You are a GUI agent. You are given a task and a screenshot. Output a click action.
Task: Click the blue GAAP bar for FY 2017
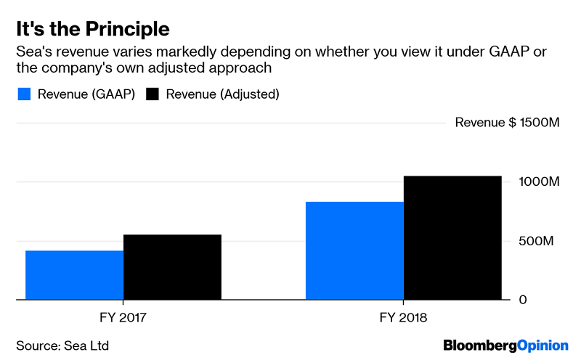tap(74, 275)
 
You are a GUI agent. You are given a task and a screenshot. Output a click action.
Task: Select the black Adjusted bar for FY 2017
tap(172, 267)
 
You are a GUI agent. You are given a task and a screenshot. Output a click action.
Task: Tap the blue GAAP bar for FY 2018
tap(354, 250)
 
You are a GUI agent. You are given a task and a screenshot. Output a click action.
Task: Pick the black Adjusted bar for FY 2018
tap(452, 237)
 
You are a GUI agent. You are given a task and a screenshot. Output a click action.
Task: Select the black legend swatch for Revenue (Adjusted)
tap(153, 94)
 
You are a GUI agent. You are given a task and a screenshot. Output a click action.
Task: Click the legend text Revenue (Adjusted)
tap(223, 94)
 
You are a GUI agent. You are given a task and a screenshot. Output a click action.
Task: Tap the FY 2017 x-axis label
tap(123, 318)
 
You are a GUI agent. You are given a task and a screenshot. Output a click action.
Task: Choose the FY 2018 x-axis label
tap(404, 318)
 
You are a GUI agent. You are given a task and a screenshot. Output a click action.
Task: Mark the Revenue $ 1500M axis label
tap(507, 122)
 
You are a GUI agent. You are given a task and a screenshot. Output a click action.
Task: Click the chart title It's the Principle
tap(93, 30)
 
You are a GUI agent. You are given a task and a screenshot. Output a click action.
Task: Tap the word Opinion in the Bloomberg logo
tap(540, 345)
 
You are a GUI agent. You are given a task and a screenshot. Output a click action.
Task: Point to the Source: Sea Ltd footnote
tap(62, 345)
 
